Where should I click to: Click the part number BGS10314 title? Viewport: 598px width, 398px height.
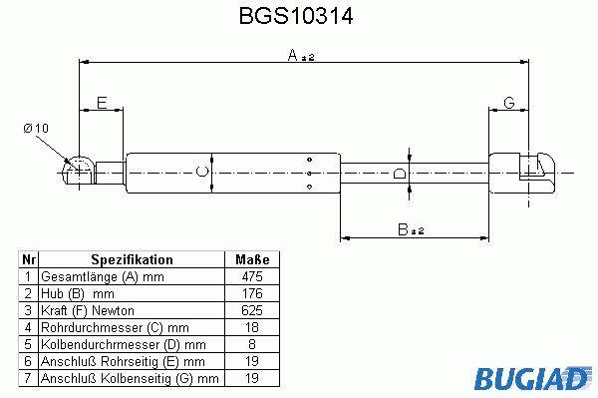(296, 16)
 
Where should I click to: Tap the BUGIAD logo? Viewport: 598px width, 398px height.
(533, 378)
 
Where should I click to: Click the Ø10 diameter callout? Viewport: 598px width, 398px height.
(36, 128)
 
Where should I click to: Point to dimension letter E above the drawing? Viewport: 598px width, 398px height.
(102, 103)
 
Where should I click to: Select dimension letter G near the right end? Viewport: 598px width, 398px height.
(509, 103)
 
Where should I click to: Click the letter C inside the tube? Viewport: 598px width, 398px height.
(202, 172)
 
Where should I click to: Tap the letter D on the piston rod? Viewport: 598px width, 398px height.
(400, 174)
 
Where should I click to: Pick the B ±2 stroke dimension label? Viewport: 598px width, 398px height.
(411, 229)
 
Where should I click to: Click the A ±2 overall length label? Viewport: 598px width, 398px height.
(301, 55)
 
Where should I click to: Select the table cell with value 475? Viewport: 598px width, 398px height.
(252, 276)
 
